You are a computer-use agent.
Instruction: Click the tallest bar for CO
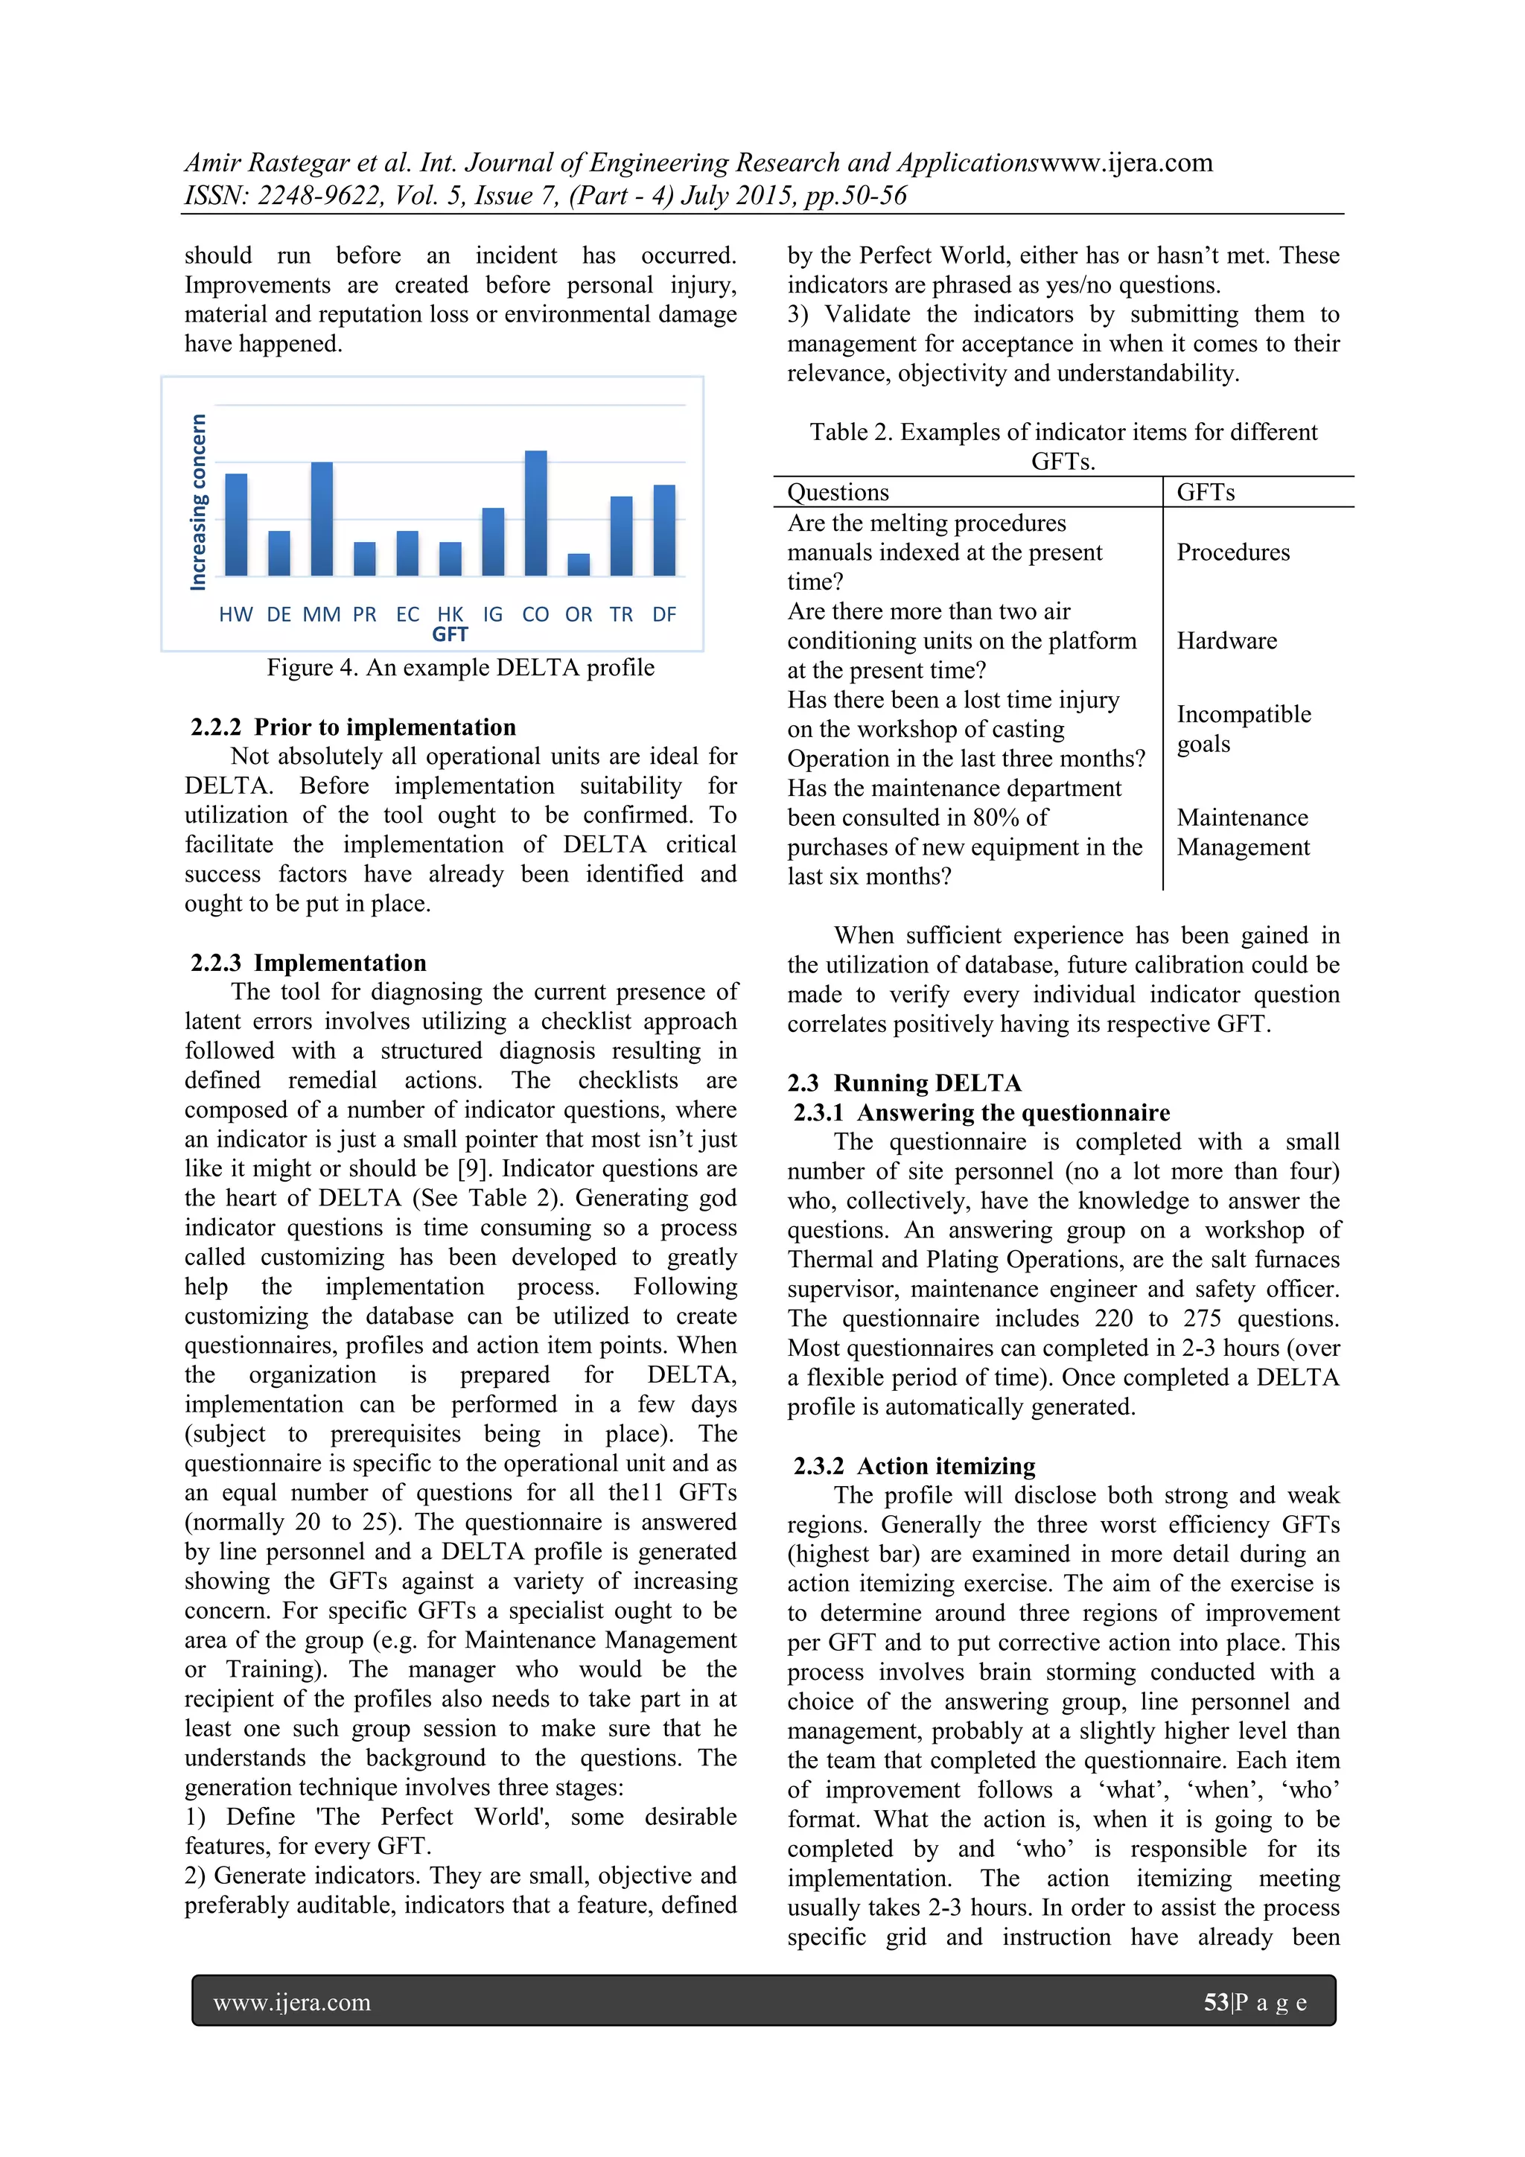[x=535, y=513]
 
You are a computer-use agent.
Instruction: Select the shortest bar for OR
[x=579, y=564]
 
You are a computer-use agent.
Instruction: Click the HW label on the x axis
[x=236, y=614]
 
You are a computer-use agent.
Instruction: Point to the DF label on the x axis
[x=664, y=614]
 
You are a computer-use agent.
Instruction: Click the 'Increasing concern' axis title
[x=198, y=503]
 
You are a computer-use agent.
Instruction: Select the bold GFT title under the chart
[x=450, y=635]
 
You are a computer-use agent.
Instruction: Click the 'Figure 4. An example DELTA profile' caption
[x=460, y=668]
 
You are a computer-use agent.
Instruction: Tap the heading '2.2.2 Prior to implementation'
[x=353, y=727]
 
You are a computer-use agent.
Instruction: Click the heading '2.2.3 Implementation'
[x=308, y=963]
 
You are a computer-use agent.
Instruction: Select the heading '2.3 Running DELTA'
[x=904, y=1083]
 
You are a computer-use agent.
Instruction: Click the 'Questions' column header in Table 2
[x=837, y=492]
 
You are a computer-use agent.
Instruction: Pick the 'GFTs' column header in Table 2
[x=1206, y=492]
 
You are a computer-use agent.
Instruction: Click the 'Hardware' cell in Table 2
[x=1226, y=641]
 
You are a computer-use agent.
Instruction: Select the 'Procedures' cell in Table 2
[x=1233, y=552]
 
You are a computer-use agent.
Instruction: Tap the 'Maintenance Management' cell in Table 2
[x=1242, y=832]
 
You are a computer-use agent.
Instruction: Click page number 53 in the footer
[x=1216, y=2002]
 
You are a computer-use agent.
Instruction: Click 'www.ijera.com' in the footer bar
[x=292, y=2003]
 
